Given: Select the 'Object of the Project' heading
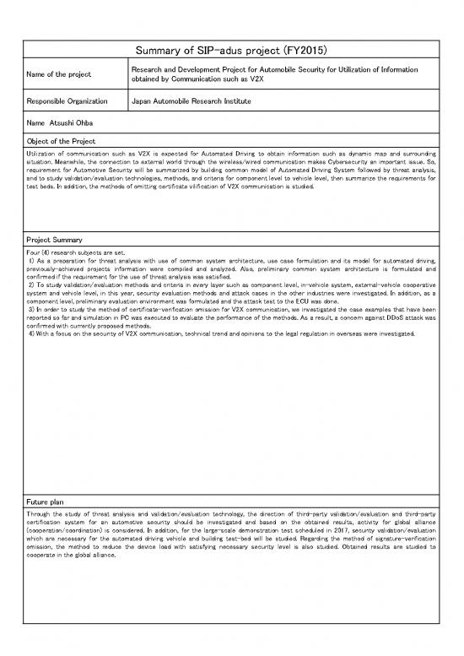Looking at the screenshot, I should point(62,139).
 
